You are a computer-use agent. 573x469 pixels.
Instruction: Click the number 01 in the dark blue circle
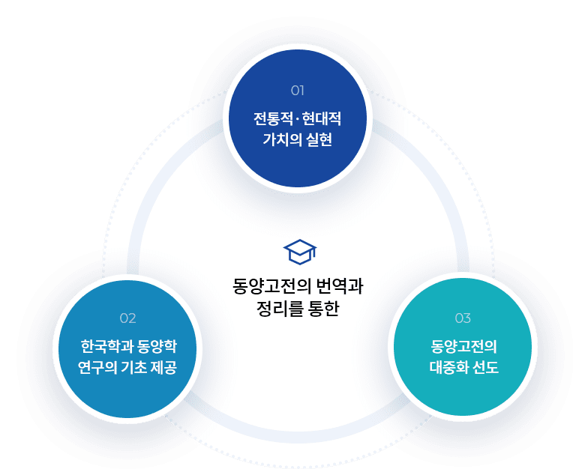tap(298, 91)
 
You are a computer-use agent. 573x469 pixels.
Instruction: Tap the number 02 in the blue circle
tap(128, 318)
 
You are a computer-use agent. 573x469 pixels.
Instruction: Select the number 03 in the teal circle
tap(463, 318)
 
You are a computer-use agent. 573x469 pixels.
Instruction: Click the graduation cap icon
tap(300, 252)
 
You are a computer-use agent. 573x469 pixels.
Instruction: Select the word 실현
tap(319, 140)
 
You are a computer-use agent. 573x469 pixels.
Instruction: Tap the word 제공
tap(164, 367)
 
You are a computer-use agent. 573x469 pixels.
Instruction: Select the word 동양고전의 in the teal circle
tap(464, 346)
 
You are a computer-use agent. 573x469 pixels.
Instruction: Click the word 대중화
tap(448, 367)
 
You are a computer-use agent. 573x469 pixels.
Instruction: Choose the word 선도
tap(486, 367)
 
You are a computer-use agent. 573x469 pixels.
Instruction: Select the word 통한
tap(324, 309)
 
